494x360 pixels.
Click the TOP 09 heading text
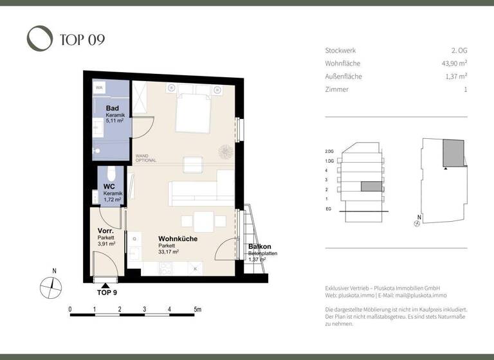[x=82, y=40]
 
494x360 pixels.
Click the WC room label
[x=109, y=187]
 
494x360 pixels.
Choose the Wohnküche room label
[x=178, y=239]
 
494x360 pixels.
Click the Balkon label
[x=260, y=247]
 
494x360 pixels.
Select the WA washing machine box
[x=100, y=87]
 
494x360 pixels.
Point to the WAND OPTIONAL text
[x=146, y=158]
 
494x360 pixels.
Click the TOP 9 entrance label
[x=106, y=292]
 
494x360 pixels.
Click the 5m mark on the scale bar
[x=197, y=310]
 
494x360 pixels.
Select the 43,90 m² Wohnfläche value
[x=450, y=64]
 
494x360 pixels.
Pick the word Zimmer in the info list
[x=337, y=89]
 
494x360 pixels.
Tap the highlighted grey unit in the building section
[x=370, y=187]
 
